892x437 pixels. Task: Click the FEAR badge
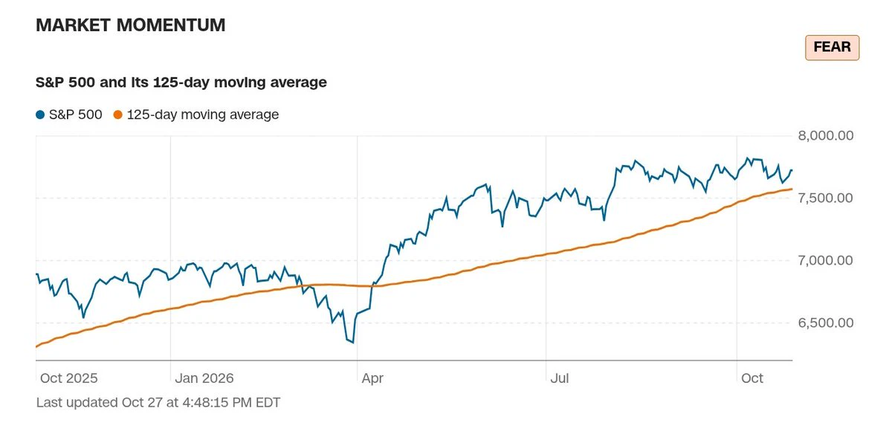pyautogui.click(x=832, y=48)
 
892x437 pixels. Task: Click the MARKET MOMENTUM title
pyautogui.click(x=131, y=25)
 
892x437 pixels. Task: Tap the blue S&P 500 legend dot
pyautogui.click(x=40, y=115)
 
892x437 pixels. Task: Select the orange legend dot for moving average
pyautogui.click(x=118, y=115)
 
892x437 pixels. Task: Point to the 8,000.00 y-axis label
pyautogui.click(x=826, y=136)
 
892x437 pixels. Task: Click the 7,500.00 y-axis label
pyautogui.click(x=826, y=198)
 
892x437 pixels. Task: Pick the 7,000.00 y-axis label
pyautogui.click(x=826, y=260)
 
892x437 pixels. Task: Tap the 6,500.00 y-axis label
pyautogui.click(x=826, y=323)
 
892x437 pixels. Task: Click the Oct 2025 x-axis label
pyautogui.click(x=69, y=378)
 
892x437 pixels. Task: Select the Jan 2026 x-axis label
pyautogui.click(x=204, y=378)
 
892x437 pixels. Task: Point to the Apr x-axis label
pyautogui.click(x=372, y=378)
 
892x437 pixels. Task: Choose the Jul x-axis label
pyautogui.click(x=560, y=378)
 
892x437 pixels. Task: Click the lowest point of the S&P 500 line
pyautogui.click(x=353, y=343)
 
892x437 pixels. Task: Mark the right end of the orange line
pyautogui.click(x=792, y=189)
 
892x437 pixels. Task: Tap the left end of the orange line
pyautogui.click(x=36, y=346)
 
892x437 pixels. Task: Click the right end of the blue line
pyautogui.click(x=792, y=170)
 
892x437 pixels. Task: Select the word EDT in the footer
pyautogui.click(x=268, y=402)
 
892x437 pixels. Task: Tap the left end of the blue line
pyautogui.click(x=36, y=273)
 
